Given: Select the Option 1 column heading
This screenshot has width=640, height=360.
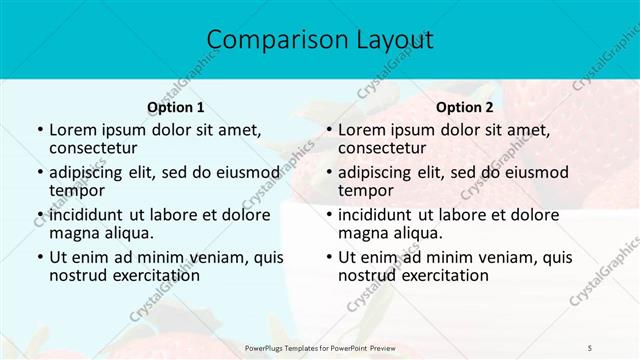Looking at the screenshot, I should (x=176, y=107).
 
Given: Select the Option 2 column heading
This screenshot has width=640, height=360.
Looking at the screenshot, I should (x=465, y=107).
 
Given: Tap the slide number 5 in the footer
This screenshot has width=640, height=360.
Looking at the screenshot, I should (x=589, y=347).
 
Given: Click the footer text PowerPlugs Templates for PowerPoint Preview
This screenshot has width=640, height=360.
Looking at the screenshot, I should (x=320, y=347).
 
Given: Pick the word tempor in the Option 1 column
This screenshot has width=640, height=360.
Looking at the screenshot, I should (x=75, y=190).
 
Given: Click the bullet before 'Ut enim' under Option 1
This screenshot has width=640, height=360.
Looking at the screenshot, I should (x=39, y=257).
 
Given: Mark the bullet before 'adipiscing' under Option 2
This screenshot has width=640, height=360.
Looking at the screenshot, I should (x=328, y=173).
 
